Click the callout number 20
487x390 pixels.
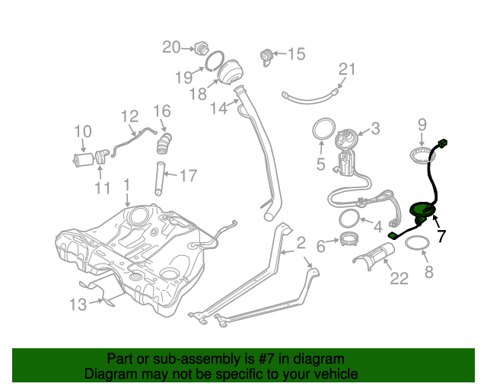pos(171,48)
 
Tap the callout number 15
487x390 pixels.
pos(295,54)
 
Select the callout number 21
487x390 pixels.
pos(346,70)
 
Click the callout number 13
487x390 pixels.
pos(78,305)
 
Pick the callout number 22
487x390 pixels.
pos(399,280)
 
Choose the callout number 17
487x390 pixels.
pos(187,176)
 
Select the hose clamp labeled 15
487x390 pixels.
pos(266,55)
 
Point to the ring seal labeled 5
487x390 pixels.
pos(323,129)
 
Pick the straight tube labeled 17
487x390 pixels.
pos(161,177)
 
